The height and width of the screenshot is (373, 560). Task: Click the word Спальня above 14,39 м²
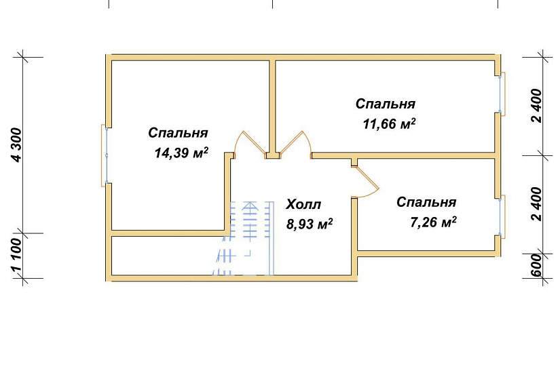[178, 133]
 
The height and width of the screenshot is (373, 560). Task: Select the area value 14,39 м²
[181, 153]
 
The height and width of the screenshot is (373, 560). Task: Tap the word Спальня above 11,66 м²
[386, 104]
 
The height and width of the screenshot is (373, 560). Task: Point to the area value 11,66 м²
[389, 124]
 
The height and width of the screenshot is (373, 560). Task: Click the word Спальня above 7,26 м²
[426, 202]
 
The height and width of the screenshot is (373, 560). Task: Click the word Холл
[303, 204]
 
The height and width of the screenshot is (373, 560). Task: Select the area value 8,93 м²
[310, 224]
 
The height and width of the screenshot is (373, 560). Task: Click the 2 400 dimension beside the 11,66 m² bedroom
[536, 105]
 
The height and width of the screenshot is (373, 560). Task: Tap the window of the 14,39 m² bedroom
[106, 155]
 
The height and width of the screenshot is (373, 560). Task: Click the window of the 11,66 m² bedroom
[502, 94]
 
